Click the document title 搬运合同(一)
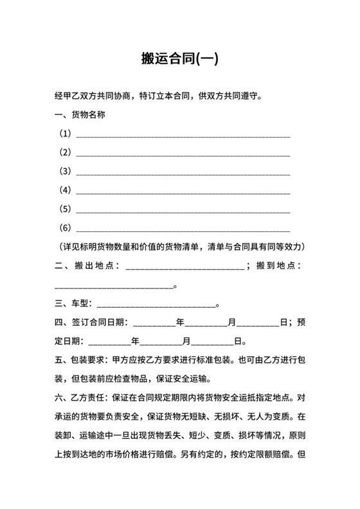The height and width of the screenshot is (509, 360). (x=180, y=59)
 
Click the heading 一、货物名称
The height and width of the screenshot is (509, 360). (x=79, y=115)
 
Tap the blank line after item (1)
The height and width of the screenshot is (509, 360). (x=183, y=136)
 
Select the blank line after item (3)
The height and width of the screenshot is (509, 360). (x=183, y=174)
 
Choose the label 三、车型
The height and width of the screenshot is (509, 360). (x=72, y=303)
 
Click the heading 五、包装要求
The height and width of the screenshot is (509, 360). (x=81, y=360)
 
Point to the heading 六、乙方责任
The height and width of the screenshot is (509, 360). (x=81, y=397)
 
